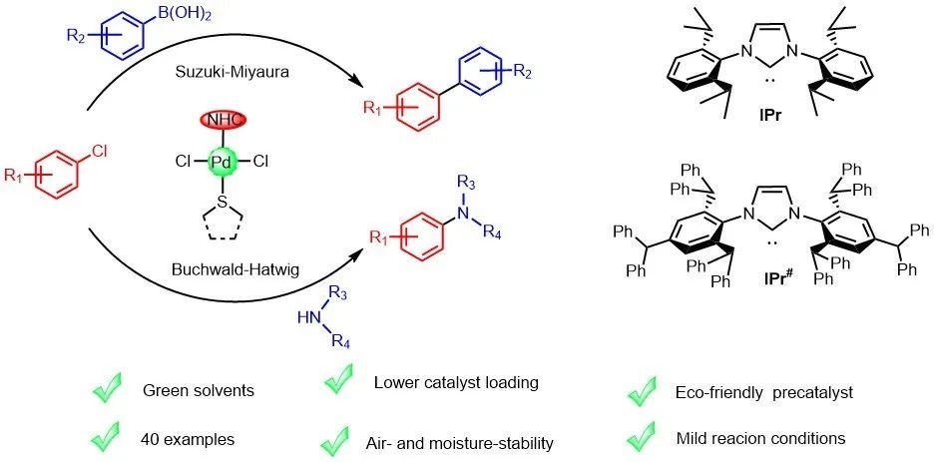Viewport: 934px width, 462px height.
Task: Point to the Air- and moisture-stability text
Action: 463,442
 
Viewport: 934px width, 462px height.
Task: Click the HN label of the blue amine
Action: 309,318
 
